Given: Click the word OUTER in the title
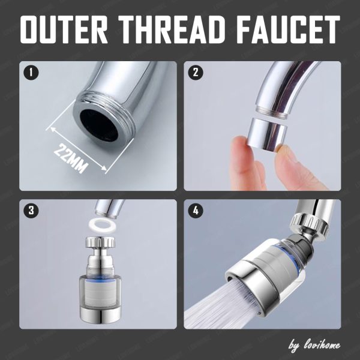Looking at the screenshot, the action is pos(64,29).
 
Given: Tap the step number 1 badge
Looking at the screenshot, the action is pos(31,73).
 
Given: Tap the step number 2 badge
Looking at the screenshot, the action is pos(196,73).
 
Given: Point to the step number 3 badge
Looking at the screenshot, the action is pos(31,211).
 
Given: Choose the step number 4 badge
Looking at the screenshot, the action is pos(196,211).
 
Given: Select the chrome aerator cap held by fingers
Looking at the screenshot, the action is pos(267,134).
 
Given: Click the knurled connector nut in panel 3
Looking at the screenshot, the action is pos(100,242).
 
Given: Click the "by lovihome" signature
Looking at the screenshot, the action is pos(314,346).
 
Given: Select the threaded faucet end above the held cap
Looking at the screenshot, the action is pos(271,112).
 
